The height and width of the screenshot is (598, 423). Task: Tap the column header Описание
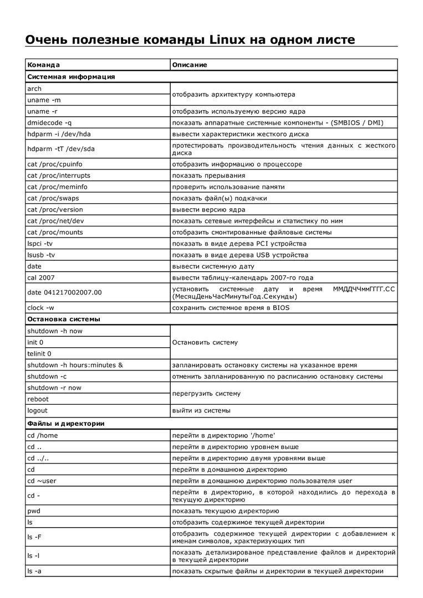coord(189,65)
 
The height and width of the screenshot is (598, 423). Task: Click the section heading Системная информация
coord(71,76)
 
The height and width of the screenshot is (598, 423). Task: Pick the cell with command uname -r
coord(43,111)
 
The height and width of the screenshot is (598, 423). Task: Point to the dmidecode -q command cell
coord(49,122)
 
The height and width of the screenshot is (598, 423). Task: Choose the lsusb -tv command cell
coord(40,255)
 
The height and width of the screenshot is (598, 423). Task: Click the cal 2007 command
coord(41,277)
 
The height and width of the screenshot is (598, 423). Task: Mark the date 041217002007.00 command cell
coord(64,292)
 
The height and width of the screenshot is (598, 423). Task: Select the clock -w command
coord(40,307)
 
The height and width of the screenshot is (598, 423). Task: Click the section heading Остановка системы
coord(63,319)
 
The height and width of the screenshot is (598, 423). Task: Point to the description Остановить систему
coord(205,342)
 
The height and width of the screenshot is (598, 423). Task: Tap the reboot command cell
coord(38,399)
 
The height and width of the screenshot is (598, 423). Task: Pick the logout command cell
coord(37,410)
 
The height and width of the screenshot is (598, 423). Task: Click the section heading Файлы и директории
coord(65,423)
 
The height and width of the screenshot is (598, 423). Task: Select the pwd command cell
coord(34,511)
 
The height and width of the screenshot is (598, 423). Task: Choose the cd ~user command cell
coord(42,481)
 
